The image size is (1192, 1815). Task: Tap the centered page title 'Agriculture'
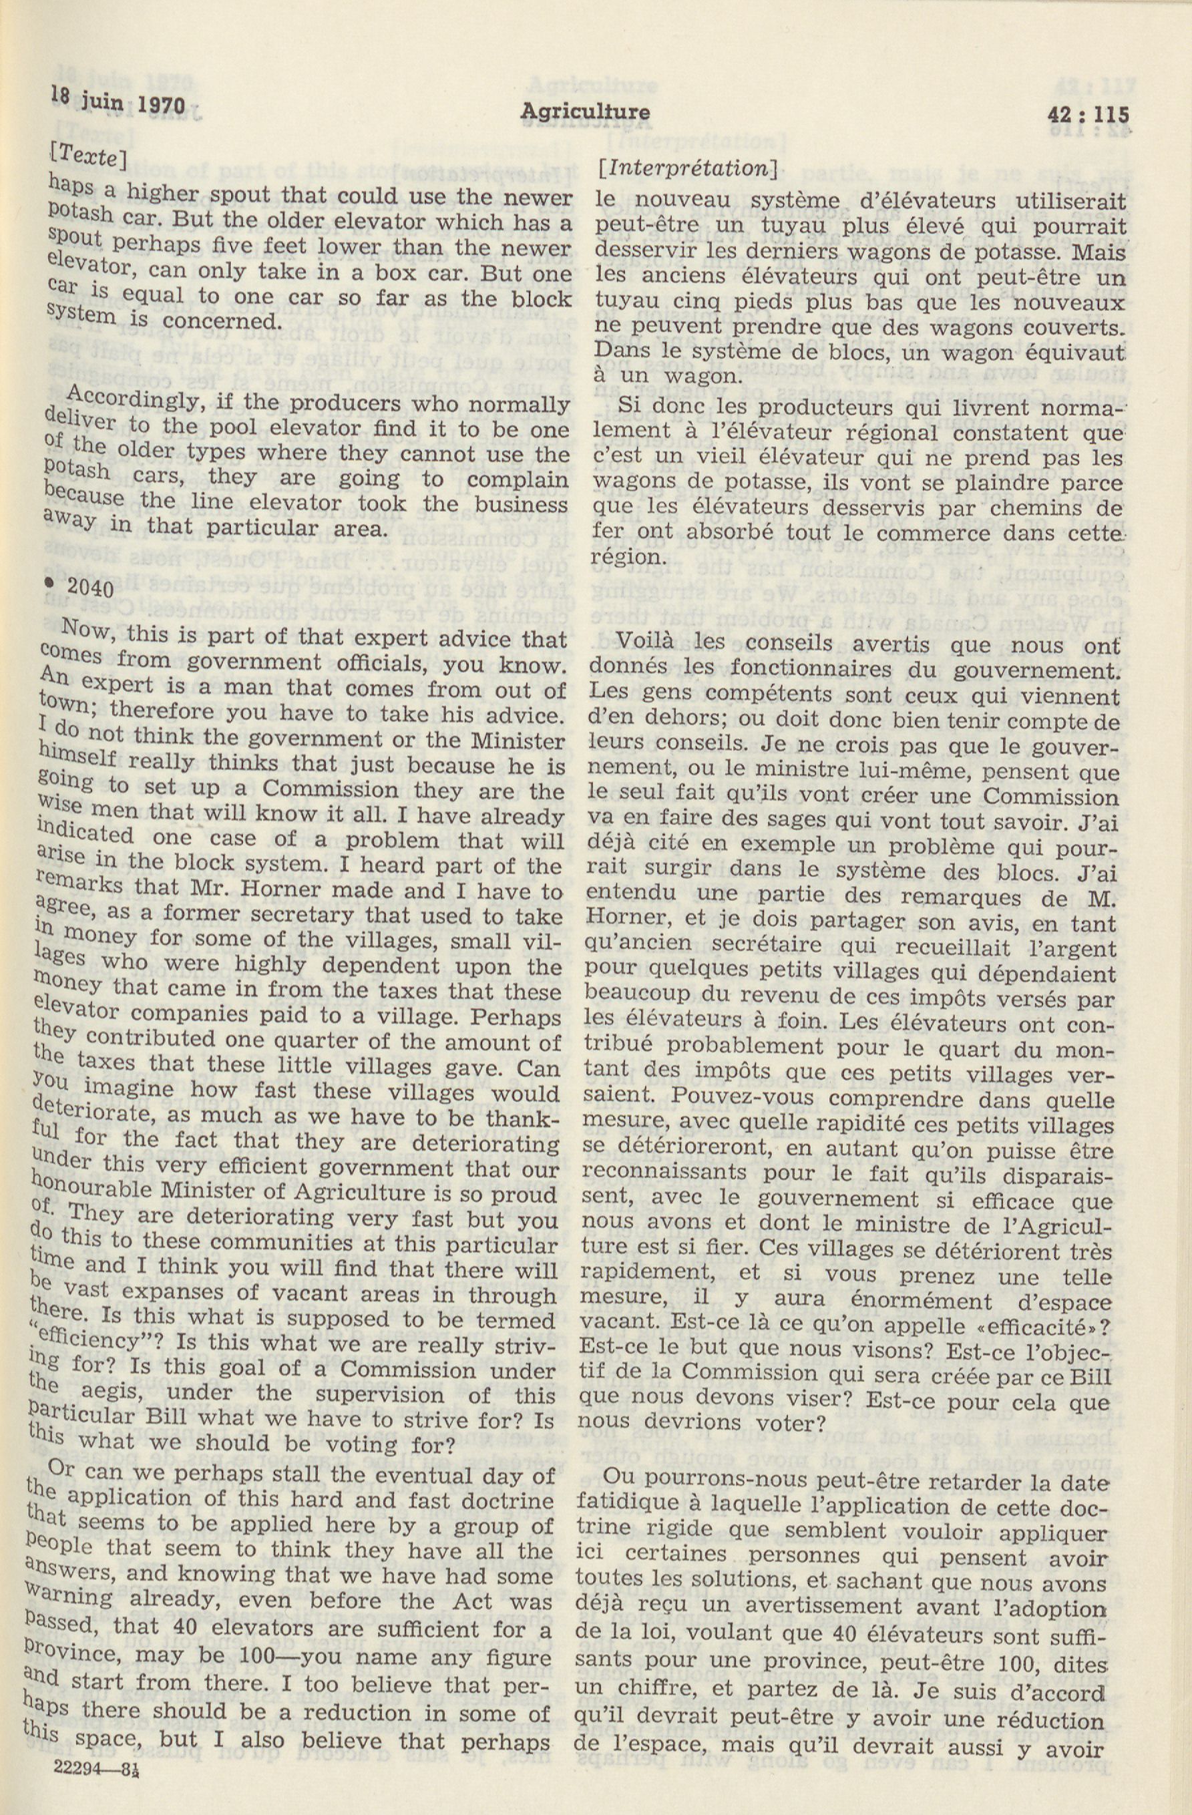(585, 113)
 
